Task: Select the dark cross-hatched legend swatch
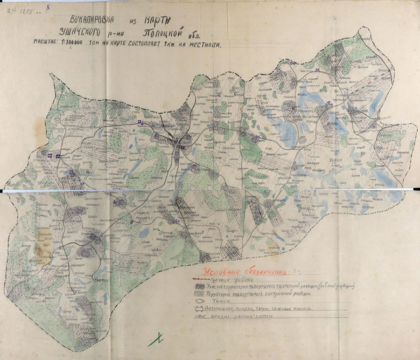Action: [199, 287]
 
